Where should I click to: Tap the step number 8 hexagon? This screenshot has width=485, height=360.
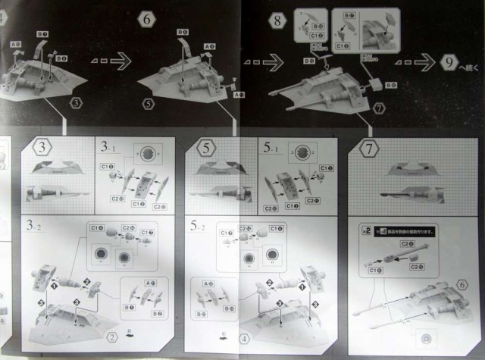coord(279,21)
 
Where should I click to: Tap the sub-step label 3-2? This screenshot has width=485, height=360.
coord(34,226)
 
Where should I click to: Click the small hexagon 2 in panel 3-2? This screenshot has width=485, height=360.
coord(111,337)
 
